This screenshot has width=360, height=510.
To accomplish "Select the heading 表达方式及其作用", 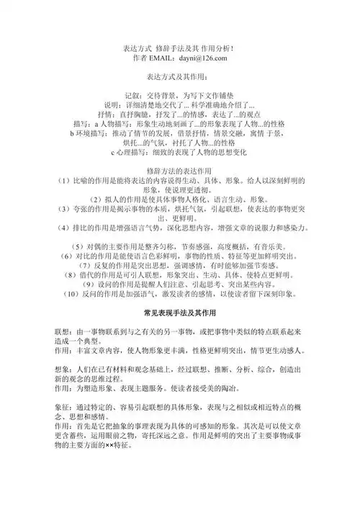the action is pyautogui.click(x=179, y=76).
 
